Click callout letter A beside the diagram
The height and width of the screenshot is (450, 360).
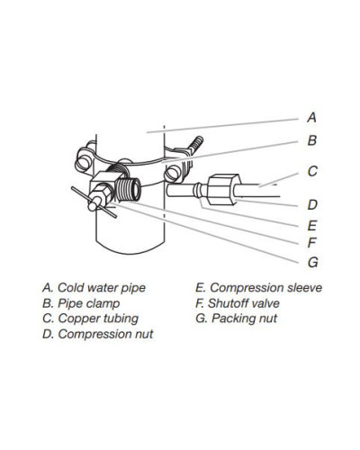point(311,117)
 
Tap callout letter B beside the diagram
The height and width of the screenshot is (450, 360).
point(312,140)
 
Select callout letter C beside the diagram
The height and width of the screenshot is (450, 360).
point(312,171)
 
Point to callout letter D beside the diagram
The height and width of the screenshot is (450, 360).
point(312,205)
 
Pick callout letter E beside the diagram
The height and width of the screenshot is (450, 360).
point(312,225)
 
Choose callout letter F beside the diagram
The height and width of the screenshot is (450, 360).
point(312,242)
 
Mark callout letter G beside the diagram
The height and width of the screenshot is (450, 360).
point(312,263)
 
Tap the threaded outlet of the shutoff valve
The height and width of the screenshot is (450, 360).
point(129,189)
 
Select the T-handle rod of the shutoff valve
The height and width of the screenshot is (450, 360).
point(94,202)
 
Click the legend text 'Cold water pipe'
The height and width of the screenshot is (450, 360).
point(102,288)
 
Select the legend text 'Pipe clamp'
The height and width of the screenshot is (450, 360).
point(89,303)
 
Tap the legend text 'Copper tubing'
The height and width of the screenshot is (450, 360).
point(98,319)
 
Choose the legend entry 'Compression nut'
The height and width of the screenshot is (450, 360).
point(98,334)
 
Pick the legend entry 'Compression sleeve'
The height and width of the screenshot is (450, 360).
point(258,288)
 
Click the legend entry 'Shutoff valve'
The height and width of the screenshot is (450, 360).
point(238,303)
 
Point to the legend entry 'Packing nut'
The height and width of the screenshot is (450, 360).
point(236,319)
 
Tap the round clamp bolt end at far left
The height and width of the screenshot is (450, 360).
point(83,162)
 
